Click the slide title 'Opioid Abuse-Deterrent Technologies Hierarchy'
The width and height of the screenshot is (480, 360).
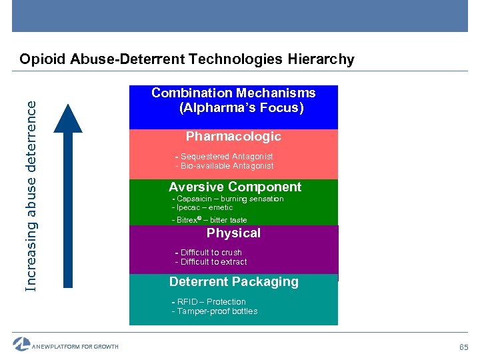tap(187, 59)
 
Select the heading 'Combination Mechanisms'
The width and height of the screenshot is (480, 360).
tap(233, 93)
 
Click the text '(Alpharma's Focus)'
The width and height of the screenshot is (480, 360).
tap(241, 108)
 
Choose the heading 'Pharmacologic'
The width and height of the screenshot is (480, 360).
tap(233, 137)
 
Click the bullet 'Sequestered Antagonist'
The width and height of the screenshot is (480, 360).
tap(225, 157)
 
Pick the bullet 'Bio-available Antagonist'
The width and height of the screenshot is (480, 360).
tap(225, 166)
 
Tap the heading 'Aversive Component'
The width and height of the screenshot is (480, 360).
tap(235, 187)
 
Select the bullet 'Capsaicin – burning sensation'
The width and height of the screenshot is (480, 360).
tap(228, 199)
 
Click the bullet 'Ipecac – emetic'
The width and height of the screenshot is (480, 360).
tap(203, 207)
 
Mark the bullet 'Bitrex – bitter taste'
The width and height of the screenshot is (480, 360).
tap(210, 220)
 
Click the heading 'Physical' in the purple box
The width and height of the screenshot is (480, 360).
tap(233, 233)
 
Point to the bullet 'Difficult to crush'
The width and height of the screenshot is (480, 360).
tap(209, 253)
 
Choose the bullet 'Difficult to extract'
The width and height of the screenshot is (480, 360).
tap(211, 262)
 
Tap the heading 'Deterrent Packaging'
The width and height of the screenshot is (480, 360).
tap(233, 282)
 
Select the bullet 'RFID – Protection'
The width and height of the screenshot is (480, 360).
tap(209, 302)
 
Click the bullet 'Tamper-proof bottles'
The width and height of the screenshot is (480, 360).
tap(215, 311)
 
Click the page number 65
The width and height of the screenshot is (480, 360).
tap(463, 347)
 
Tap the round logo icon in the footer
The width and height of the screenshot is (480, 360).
tap(21, 344)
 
